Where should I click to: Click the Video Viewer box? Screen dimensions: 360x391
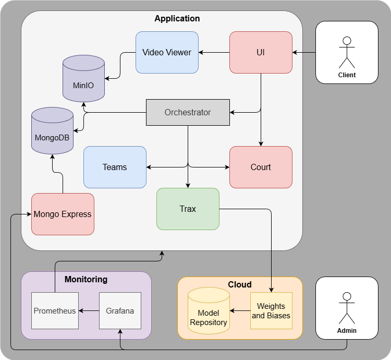pyautogui.click(x=167, y=52)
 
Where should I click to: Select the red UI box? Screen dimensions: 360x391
pyautogui.click(x=261, y=52)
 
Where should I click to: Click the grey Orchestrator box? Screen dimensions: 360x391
pyautogui.click(x=188, y=112)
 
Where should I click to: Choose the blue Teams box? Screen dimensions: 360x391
pyautogui.click(x=115, y=167)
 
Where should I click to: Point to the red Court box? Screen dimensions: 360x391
pyautogui.click(x=261, y=167)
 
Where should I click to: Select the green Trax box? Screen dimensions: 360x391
pyautogui.click(x=188, y=209)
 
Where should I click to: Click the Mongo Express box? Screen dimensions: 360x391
pyautogui.click(x=63, y=214)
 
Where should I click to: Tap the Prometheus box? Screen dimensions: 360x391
pyautogui.click(x=55, y=310)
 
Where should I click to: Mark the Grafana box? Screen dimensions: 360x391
pyautogui.click(x=120, y=310)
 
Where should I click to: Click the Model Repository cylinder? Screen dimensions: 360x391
pyautogui.click(x=209, y=313)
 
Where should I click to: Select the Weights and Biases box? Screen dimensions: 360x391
pyautogui.click(x=271, y=310)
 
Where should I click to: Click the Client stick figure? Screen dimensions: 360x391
pyautogui.click(x=347, y=52)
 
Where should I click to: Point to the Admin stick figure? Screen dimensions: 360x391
pyautogui.click(x=347, y=308)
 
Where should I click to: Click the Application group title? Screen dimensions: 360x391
pyautogui.click(x=177, y=18)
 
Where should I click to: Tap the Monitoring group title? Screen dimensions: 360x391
pyautogui.click(x=86, y=279)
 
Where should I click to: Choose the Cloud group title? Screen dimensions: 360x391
pyautogui.click(x=240, y=284)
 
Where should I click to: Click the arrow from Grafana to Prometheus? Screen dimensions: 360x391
pyautogui.click(x=89, y=310)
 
